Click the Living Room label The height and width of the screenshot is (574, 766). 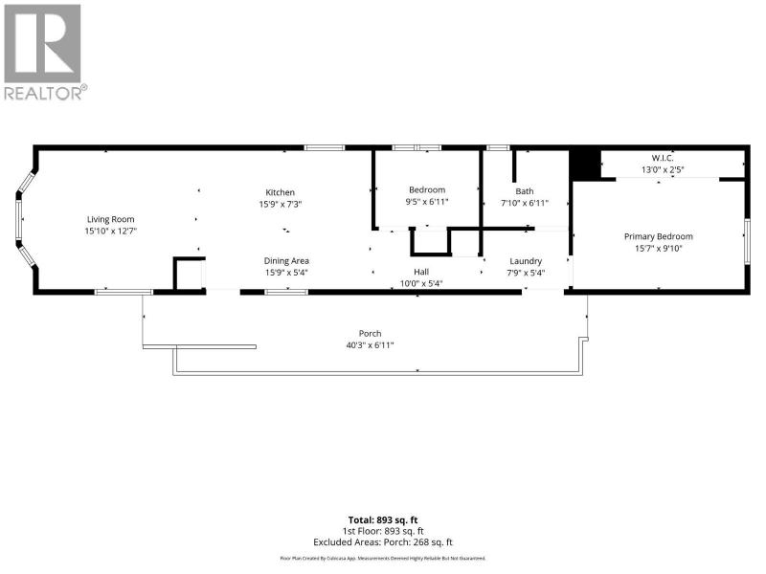point(110,220)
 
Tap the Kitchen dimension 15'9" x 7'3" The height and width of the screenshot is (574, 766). point(281,204)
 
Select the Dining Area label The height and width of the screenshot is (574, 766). point(286,260)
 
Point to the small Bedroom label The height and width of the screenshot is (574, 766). point(427,189)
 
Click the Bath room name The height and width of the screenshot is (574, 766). point(525,191)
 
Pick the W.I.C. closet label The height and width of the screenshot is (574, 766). point(663,158)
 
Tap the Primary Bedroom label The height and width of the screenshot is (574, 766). point(659,236)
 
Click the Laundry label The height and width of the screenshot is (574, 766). point(526,261)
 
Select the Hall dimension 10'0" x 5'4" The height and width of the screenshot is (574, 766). point(421,283)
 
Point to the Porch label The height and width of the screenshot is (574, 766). point(370,333)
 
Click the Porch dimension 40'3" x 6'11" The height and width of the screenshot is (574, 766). point(370,345)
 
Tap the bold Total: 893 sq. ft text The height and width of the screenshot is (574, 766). point(383,520)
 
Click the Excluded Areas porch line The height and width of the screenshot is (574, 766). point(383,542)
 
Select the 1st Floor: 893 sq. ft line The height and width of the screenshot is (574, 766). point(383,531)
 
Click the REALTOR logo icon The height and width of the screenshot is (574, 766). point(42,43)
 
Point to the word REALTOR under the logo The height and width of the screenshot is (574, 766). point(42,93)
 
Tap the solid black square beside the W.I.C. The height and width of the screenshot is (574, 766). point(586,165)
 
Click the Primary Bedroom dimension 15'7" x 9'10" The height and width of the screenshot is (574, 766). point(659,249)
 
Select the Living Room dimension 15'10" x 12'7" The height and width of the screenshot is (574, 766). point(110,231)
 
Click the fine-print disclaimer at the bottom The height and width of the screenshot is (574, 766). point(383,558)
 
